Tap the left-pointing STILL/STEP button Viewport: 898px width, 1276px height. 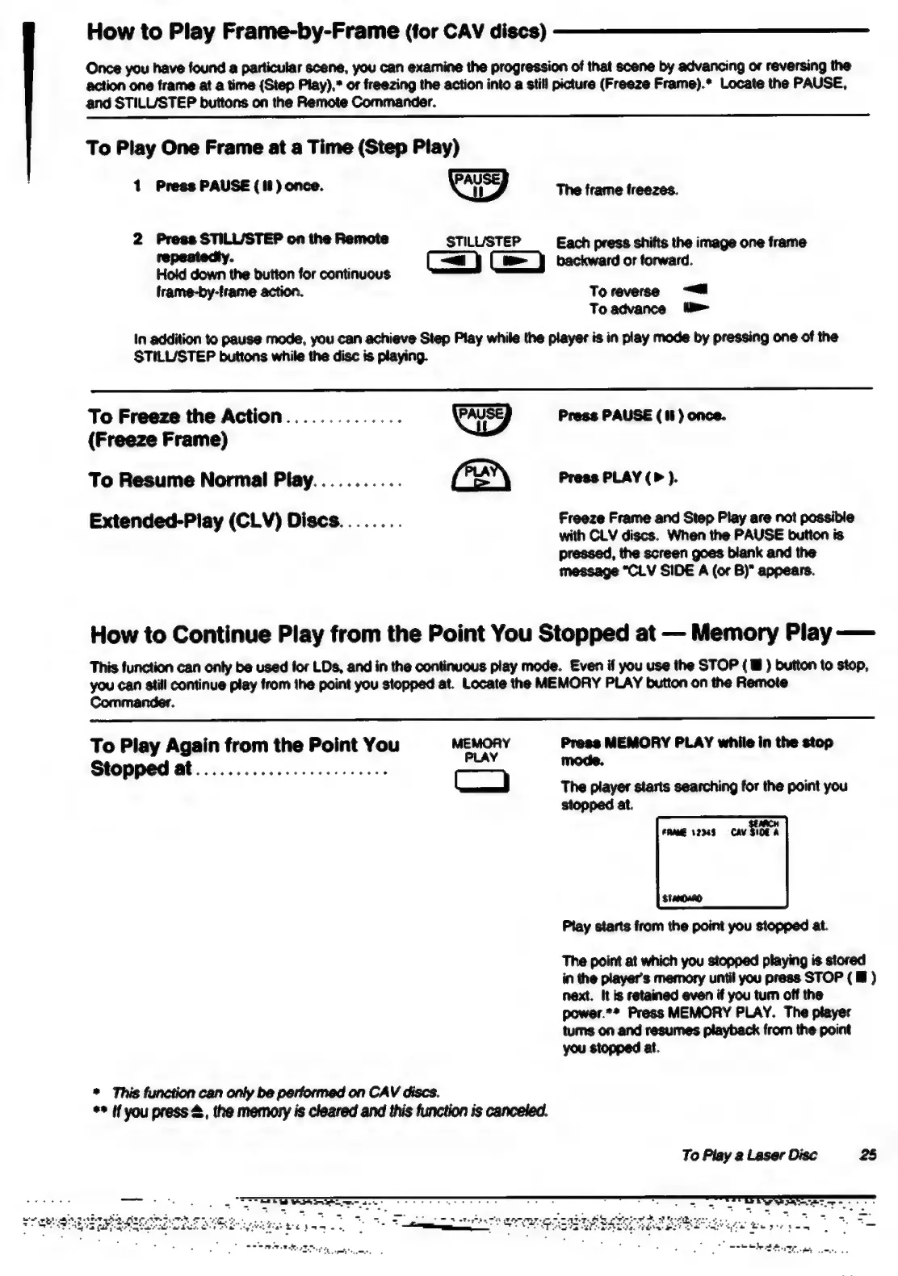(453, 262)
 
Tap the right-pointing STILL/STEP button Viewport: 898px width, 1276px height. (517, 262)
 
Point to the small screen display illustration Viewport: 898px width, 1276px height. (722, 862)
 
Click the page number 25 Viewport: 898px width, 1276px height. (867, 1155)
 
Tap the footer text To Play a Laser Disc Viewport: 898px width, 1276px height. (749, 1155)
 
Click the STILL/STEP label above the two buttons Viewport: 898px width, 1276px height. (483, 241)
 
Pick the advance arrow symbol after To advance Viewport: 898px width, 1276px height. (696, 307)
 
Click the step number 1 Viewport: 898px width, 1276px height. (137, 186)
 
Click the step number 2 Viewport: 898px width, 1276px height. (137, 239)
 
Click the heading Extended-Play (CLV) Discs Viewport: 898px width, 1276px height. (214, 521)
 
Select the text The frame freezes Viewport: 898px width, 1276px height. (617, 190)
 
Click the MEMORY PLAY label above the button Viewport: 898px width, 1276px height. (480, 750)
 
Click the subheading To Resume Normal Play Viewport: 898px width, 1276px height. (200, 480)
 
